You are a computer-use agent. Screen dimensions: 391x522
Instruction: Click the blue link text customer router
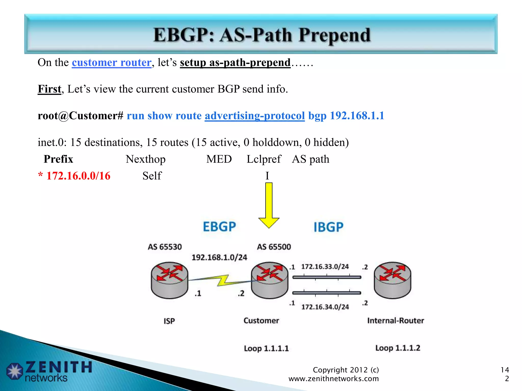(112, 62)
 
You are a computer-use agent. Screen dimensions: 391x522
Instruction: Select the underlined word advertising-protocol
(255, 116)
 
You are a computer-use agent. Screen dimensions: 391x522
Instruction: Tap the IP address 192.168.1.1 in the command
(357, 116)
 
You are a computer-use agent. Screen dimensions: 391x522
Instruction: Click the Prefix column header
(58, 159)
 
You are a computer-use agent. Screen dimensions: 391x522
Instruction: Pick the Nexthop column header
(146, 159)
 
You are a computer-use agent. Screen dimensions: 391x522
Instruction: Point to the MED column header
(219, 159)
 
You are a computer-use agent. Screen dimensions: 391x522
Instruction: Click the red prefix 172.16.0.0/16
(78, 176)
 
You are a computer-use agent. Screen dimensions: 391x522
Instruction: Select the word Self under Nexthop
(152, 176)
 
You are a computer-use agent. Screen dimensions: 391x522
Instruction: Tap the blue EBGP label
(219, 227)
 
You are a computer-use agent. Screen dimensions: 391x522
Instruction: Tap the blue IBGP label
(328, 227)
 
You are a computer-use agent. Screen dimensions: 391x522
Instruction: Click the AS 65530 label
(165, 247)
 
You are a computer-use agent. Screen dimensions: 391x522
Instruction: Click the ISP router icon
(169, 280)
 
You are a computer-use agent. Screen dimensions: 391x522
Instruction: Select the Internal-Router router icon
(392, 280)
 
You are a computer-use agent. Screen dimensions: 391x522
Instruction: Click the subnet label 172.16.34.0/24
(325, 307)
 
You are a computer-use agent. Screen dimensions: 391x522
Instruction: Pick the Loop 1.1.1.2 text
(398, 348)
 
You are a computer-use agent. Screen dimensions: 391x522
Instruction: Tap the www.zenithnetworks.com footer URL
(334, 379)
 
